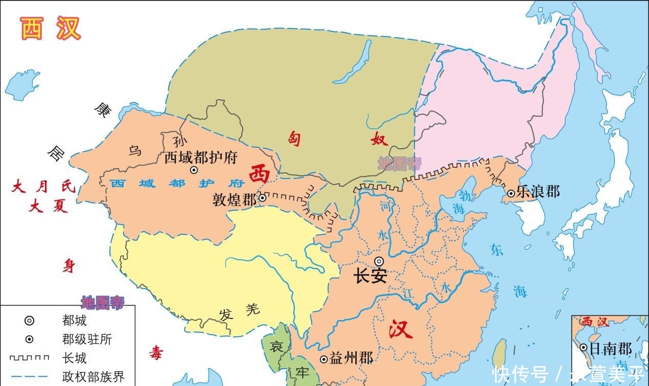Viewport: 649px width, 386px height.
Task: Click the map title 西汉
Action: point(51,28)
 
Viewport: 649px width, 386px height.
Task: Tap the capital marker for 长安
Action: point(379,261)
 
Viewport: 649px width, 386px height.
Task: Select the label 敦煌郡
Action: point(235,199)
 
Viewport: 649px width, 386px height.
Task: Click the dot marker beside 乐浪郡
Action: point(511,193)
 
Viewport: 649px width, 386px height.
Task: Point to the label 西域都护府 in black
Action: point(201,157)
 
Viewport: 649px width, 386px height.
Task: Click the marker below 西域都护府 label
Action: point(194,170)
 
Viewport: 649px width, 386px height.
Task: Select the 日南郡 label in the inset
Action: point(611,349)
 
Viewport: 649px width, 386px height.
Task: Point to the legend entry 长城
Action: point(74,358)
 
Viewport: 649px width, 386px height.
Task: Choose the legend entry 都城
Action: point(74,321)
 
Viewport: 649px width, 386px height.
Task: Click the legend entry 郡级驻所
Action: point(87,339)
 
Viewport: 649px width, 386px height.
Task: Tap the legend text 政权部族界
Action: point(93,377)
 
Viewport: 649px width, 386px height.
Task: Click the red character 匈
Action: point(295,138)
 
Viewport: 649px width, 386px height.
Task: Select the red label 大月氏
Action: point(43,187)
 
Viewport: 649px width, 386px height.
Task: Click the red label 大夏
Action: point(49,206)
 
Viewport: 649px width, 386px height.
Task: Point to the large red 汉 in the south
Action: point(401,329)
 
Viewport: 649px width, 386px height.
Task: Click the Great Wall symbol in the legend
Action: point(29,358)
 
